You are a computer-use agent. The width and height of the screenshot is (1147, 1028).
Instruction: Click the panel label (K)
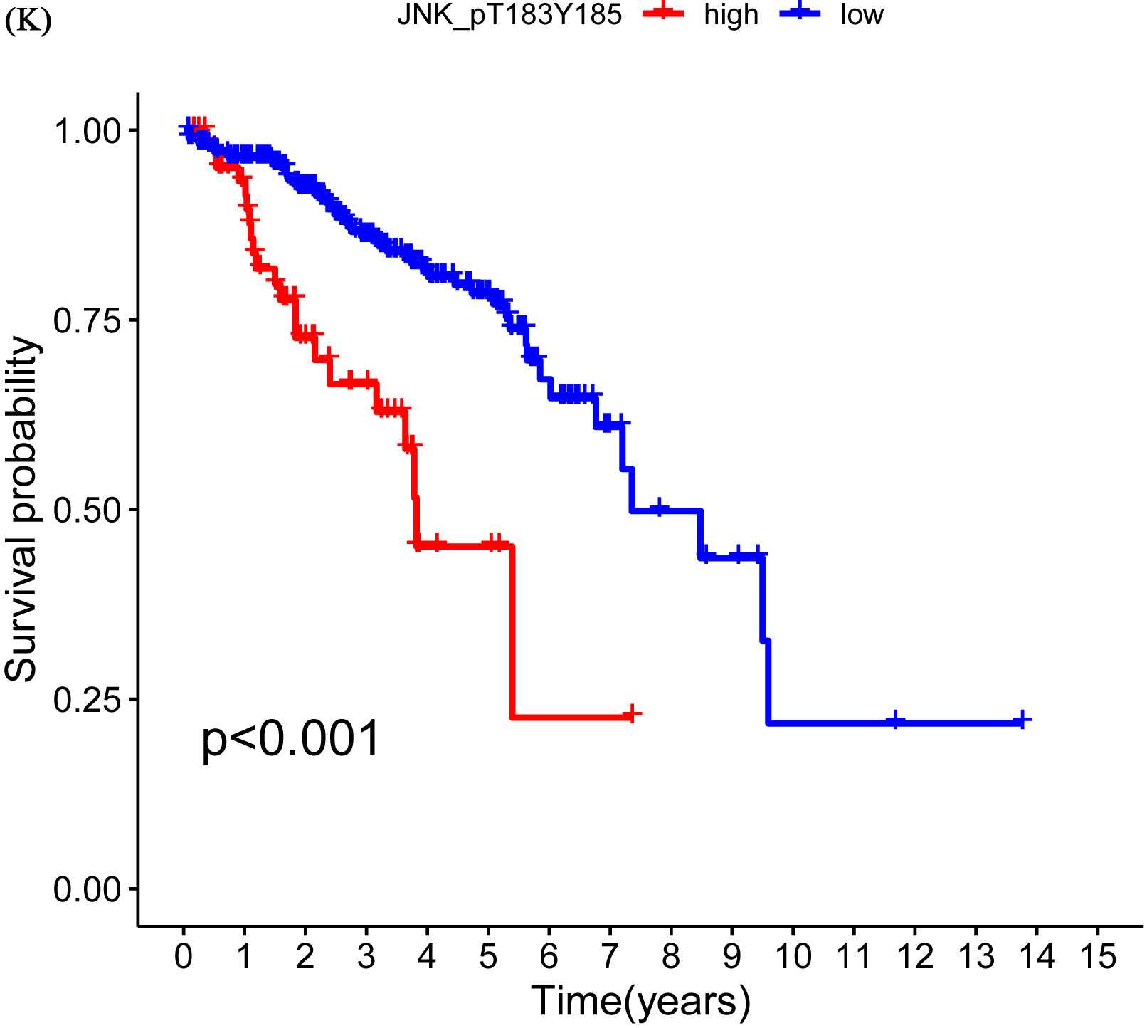(x=28, y=22)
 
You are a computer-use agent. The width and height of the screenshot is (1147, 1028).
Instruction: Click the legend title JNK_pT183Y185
(x=509, y=15)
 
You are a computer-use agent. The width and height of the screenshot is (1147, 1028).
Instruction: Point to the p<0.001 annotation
(x=292, y=740)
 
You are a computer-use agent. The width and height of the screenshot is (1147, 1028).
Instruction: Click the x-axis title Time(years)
(x=640, y=1000)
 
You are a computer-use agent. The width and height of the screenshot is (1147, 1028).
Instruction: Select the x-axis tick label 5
(x=488, y=958)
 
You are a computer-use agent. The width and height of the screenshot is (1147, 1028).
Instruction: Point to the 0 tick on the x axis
(x=184, y=958)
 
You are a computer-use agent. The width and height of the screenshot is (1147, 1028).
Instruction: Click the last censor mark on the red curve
(x=631, y=713)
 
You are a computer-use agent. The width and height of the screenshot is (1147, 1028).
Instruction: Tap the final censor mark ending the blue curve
(x=1022, y=720)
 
